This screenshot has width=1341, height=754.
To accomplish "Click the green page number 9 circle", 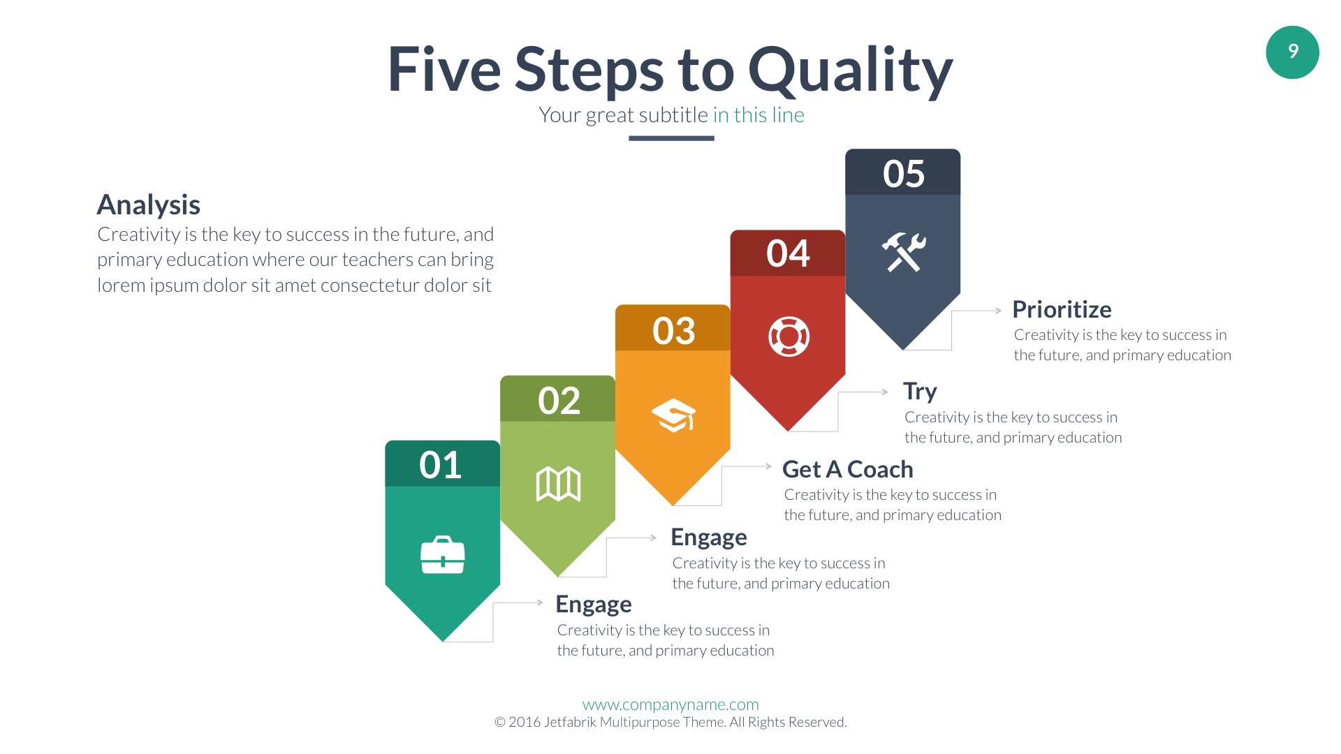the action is [1292, 52].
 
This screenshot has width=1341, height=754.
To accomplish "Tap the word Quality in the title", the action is [850, 71].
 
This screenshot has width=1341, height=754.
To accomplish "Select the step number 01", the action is [440, 465].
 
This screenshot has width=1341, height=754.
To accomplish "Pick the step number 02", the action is [559, 401].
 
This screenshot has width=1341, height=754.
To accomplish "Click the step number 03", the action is [673, 331].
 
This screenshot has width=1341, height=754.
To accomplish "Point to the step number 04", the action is [788, 253].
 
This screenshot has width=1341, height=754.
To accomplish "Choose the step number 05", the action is [903, 174].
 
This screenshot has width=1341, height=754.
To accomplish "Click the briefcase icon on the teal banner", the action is [443, 555].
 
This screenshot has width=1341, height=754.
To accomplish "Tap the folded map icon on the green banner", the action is [558, 484].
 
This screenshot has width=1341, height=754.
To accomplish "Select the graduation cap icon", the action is [673, 415].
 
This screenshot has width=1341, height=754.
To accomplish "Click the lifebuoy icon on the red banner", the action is [789, 337].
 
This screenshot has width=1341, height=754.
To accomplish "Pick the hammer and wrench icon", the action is [903, 252].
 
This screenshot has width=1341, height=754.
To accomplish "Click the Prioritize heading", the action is [1062, 309].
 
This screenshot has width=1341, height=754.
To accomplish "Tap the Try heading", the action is [920, 392].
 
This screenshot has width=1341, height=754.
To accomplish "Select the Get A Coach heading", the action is [847, 469].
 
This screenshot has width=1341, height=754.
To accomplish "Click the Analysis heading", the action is [149, 205].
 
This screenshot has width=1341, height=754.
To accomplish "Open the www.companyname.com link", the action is [670, 704].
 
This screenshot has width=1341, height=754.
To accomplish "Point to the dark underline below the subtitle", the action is [671, 138].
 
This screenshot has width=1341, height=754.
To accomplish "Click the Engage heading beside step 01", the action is [594, 605].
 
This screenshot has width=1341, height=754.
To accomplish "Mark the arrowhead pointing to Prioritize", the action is [999, 311].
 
